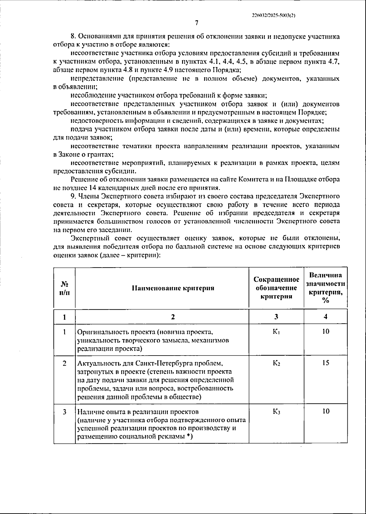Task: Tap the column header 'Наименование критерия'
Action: (x=173, y=288)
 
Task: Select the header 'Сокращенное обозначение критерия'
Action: (x=276, y=288)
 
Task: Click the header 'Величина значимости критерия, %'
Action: (x=325, y=288)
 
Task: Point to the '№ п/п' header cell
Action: (x=64, y=288)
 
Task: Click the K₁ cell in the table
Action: (x=276, y=331)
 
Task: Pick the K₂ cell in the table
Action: (x=276, y=363)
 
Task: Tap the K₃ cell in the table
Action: (x=276, y=412)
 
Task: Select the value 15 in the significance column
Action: (x=325, y=363)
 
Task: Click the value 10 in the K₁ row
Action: (x=325, y=331)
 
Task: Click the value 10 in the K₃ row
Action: (x=325, y=412)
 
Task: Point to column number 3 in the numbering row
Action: (x=276, y=317)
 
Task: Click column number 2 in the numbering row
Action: (x=173, y=317)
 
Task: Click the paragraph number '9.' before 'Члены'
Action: (x=73, y=196)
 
